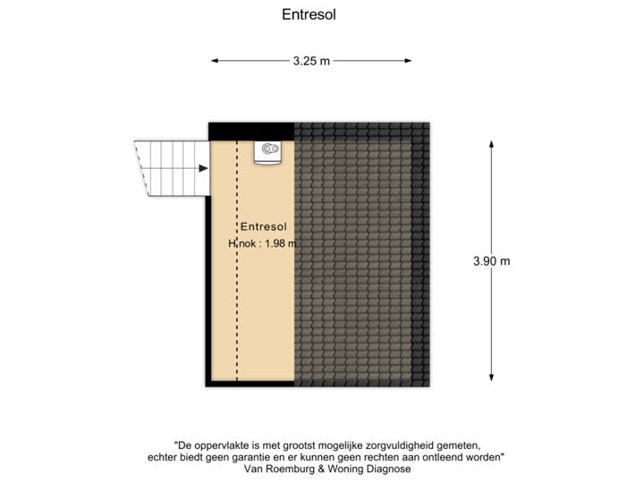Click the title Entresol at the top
tap(309, 14)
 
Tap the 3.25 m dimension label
tap(311, 61)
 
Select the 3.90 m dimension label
tap(492, 261)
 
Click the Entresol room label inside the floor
tap(265, 227)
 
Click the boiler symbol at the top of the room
tap(267, 152)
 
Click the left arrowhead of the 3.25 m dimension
tap(214, 61)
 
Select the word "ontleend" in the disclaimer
tap(442, 457)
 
